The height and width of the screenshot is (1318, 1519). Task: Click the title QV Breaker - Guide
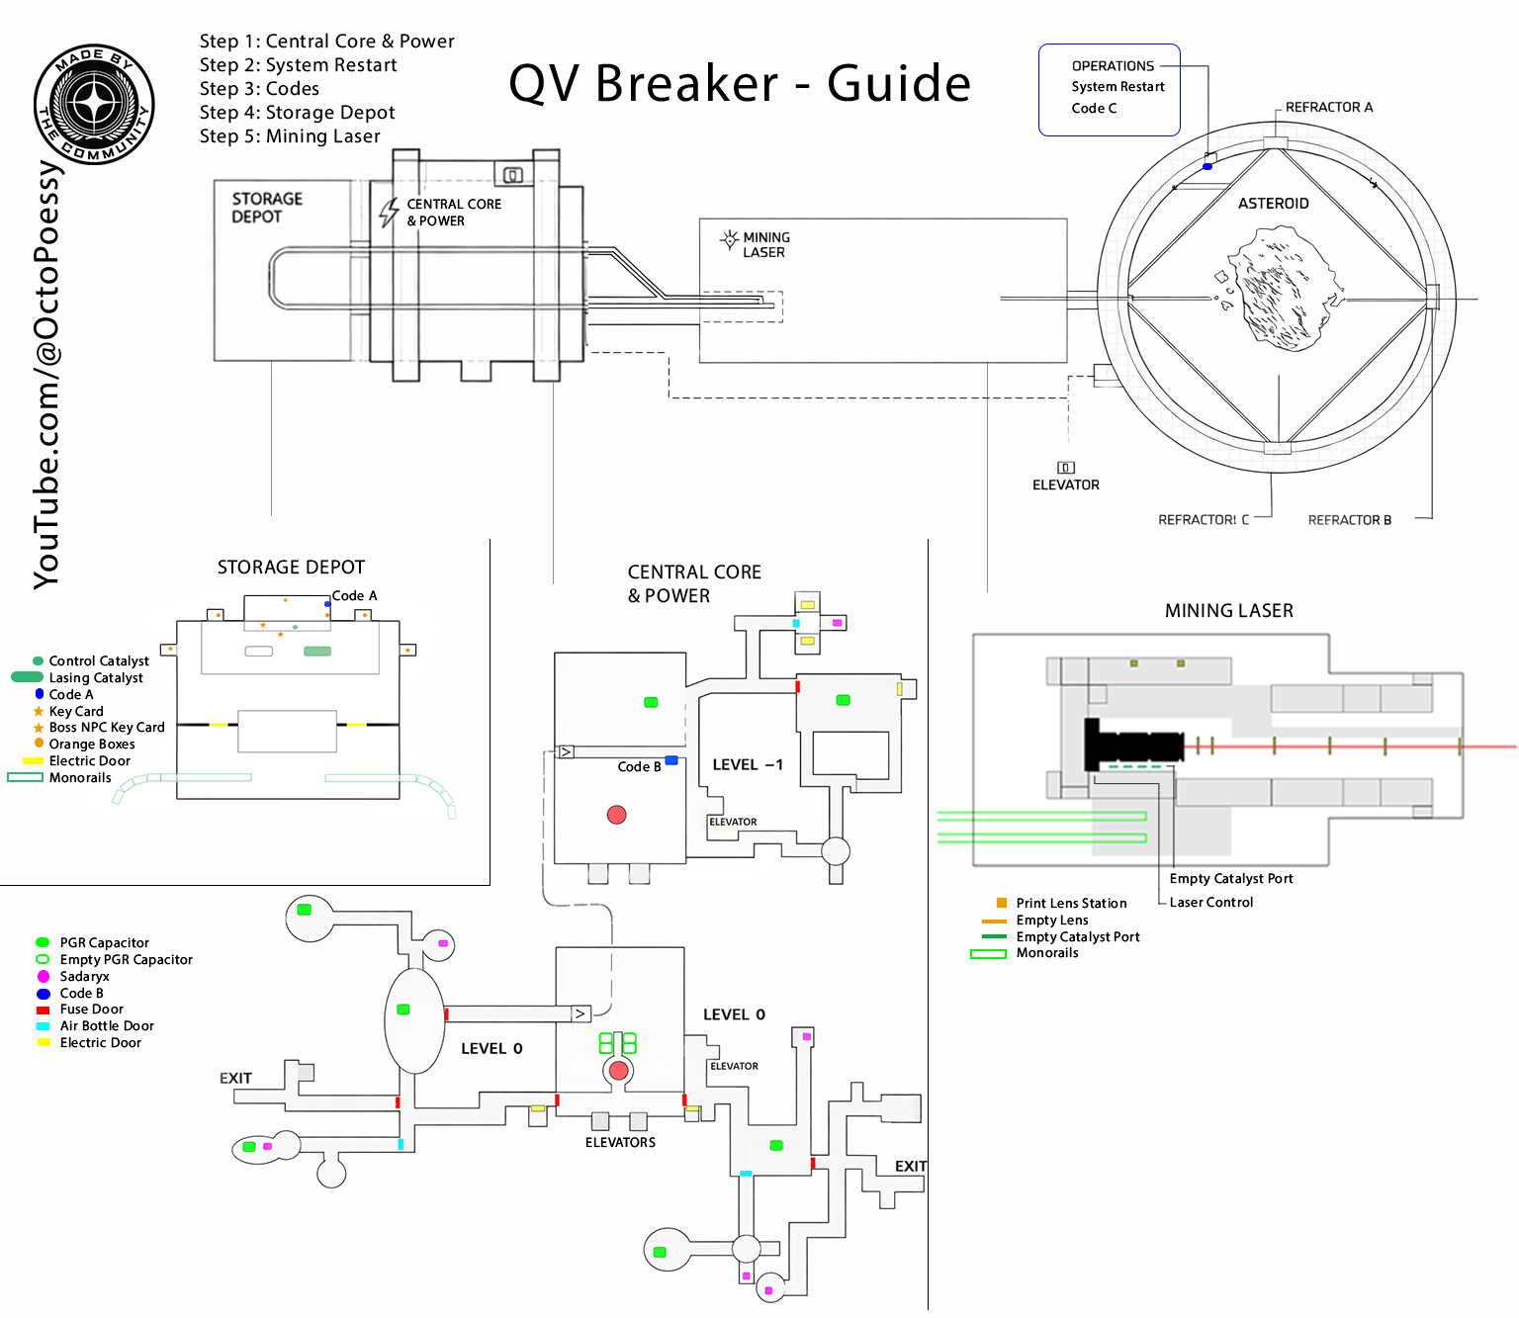(740, 83)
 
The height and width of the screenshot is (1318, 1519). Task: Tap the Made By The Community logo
(94, 104)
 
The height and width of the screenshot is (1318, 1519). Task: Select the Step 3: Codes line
(259, 89)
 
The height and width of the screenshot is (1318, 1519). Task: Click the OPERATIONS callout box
(1109, 89)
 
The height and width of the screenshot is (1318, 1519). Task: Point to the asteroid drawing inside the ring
(1277, 288)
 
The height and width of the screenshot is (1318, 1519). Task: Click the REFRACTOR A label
(1328, 107)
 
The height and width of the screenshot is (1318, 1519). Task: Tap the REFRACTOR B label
(1349, 520)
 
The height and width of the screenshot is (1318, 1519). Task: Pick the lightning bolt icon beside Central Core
(390, 212)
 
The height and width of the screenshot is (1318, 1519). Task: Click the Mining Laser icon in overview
(730, 239)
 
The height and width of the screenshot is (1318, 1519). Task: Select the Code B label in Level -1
(639, 767)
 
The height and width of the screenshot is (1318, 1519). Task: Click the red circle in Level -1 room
(617, 815)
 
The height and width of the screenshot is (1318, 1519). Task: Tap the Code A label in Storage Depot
(354, 596)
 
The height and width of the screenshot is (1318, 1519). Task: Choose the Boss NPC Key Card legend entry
(107, 728)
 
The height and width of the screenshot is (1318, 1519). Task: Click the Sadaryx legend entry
(84, 976)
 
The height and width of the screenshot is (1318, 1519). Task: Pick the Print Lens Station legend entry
(1071, 903)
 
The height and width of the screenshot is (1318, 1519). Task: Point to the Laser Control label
(1210, 902)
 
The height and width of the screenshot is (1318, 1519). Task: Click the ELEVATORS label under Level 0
(620, 1142)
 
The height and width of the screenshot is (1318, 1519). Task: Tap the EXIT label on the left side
(235, 1078)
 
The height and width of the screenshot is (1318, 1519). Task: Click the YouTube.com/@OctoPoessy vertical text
(46, 376)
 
